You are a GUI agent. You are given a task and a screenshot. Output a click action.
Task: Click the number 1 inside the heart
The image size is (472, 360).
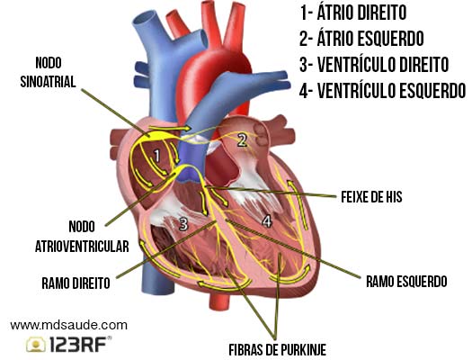click(156, 156)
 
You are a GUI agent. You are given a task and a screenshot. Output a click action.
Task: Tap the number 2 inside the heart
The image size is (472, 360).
click(243, 139)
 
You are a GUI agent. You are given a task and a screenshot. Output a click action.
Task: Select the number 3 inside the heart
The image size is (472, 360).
click(183, 223)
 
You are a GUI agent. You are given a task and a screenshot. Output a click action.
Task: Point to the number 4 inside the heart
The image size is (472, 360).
click(267, 220)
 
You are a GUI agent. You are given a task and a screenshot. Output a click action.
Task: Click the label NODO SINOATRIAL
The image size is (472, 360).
click(48, 72)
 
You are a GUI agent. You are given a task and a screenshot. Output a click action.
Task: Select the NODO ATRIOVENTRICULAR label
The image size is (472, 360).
click(82, 237)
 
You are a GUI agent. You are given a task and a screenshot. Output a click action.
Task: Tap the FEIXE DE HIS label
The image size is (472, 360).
click(371, 197)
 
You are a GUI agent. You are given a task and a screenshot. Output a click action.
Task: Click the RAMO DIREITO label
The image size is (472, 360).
click(76, 283)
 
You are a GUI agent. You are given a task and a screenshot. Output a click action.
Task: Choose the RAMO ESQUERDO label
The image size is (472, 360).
click(406, 282)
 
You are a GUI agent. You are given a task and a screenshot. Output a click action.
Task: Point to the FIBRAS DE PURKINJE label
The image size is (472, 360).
click(278, 350)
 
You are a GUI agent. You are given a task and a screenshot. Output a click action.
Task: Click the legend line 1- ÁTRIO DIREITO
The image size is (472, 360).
click(353, 13)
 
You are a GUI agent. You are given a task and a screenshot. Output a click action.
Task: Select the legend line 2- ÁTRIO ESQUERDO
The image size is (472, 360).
click(361, 39)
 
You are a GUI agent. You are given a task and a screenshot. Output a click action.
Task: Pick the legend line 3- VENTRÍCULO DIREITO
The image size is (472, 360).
click(374, 64)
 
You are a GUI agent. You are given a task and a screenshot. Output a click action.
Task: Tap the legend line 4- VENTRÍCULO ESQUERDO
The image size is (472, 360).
click(382, 90)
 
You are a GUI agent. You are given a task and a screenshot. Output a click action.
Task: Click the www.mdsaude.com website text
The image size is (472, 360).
click(68, 326)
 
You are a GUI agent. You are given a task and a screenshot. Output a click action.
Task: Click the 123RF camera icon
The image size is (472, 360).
click(36, 345)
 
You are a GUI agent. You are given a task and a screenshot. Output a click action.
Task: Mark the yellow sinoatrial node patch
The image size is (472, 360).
click(158, 136)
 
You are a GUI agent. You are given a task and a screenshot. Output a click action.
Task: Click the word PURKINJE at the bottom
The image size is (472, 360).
click(304, 350)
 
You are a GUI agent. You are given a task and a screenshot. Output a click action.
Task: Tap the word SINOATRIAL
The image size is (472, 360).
click(48, 82)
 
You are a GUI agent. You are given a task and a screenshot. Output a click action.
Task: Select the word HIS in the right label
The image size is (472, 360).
click(394, 197)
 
